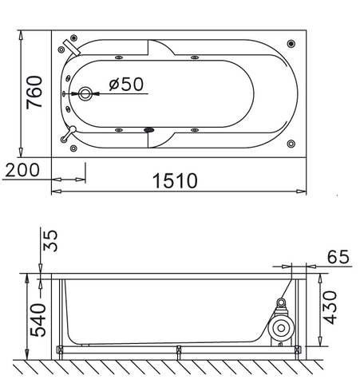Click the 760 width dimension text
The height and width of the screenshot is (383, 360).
coord(34,94)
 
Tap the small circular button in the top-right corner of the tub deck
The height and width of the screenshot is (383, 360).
coord(290,45)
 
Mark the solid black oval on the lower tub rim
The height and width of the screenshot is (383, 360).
coord(148,129)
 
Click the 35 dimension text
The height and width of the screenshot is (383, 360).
coord(49,240)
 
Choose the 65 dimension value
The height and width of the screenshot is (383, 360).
coord(338,257)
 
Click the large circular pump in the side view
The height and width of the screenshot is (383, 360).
coord(280,329)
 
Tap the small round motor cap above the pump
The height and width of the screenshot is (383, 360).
coord(280,303)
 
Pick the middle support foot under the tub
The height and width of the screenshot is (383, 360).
coord(179,349)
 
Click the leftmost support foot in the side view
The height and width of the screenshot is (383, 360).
coord(61,349)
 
